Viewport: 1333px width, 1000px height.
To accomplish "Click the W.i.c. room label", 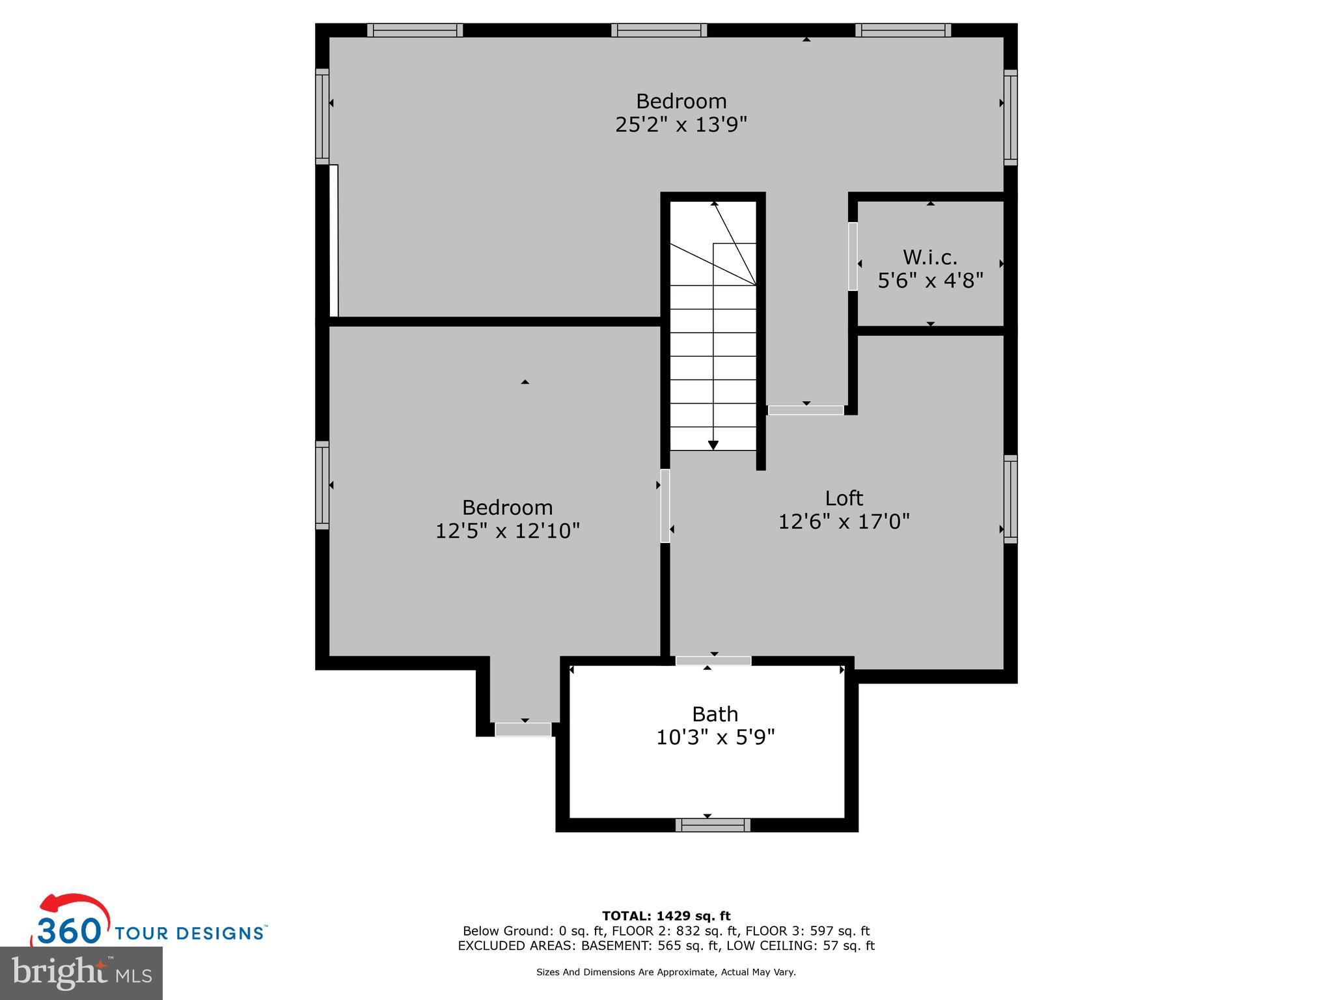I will [x=929, y=258].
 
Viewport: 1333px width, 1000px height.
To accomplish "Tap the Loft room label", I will [x=844, y=499].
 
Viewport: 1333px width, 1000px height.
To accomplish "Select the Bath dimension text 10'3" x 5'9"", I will [x=715, y=738].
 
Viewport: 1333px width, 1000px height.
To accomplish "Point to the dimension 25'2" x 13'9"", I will [x=681, y=124].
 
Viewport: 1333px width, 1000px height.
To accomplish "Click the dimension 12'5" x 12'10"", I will [x=507, y=531].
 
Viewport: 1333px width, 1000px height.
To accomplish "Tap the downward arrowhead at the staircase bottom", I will [x=713, y=445].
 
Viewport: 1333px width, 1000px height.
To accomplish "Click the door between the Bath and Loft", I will [x=713, y=661].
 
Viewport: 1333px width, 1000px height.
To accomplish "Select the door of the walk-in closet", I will [x=853, y=257].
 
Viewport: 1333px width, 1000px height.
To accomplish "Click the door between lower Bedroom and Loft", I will [x=665, y=506].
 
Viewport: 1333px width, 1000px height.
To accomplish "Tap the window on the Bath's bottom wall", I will [x=713, y=826].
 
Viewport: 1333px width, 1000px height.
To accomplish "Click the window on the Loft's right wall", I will [x=1010, y=499].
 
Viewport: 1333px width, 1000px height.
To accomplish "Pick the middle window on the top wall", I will [x=659, y=30].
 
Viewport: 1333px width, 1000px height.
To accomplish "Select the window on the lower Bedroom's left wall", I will [x=322, y=485].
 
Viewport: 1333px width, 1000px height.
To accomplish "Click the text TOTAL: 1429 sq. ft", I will [x=666, y=916].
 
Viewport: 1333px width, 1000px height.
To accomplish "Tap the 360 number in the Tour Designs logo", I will [x=69, y=932].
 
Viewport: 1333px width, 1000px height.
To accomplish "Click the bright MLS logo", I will [x=81, y=973].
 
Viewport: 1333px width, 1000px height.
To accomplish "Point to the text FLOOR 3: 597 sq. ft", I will [x=807, y=931].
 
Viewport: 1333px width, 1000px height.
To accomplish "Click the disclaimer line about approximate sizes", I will [x=666, y=972].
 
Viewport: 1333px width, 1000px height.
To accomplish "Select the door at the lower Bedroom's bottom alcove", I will [x=523, y=730].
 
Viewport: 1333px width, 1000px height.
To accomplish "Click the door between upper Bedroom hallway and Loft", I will [x=806, y=410].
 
